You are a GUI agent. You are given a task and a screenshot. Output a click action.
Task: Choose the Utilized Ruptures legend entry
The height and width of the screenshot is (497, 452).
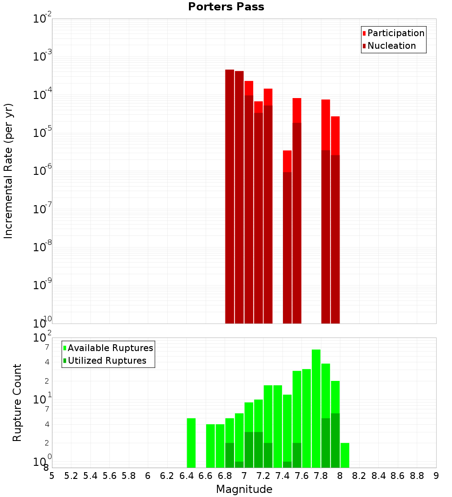107,361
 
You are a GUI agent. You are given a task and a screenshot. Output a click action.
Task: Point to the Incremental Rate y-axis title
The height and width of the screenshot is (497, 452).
9,171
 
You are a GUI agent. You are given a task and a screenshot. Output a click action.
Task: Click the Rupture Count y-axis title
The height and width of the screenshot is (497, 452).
17,403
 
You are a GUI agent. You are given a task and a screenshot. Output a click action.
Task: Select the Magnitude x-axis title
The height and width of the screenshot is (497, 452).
244,489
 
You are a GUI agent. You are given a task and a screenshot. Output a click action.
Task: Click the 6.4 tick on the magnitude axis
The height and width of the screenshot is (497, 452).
186,476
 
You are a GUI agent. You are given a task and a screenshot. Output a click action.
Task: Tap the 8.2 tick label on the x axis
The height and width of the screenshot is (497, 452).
359,476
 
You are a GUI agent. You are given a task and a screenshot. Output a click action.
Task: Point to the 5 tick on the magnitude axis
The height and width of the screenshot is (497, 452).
52,476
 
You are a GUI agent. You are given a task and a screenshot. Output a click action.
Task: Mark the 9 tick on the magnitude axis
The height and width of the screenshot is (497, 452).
436,476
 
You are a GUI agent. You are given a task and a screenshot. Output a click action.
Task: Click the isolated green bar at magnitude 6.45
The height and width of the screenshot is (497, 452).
191,443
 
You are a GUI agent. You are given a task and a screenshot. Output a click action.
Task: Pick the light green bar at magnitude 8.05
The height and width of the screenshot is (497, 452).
345,455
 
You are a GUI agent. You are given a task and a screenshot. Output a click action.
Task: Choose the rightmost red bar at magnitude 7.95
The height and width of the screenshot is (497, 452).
335,136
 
